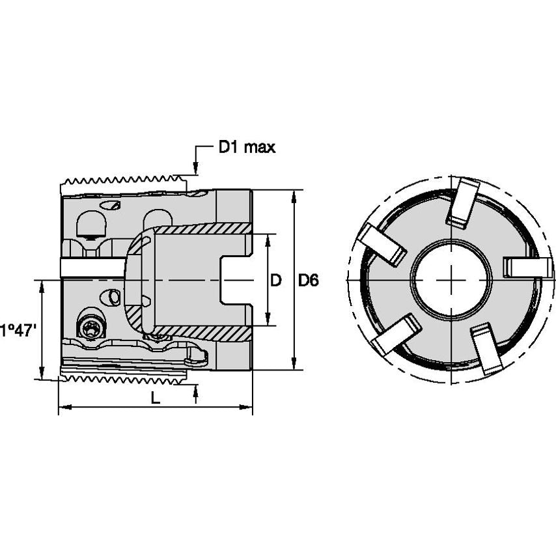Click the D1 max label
point(246,148)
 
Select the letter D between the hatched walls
point(275,281)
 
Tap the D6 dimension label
point(308,281)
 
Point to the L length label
point(155,398)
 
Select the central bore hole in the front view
point(451,280)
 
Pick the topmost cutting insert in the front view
point(462,202)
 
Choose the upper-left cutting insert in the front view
point(382,244)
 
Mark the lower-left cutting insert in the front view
point(395,335)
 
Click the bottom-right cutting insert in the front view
point(486,348)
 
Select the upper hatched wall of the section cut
point(202,229)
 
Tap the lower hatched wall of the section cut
point(202,332)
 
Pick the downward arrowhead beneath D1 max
point(195,169)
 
